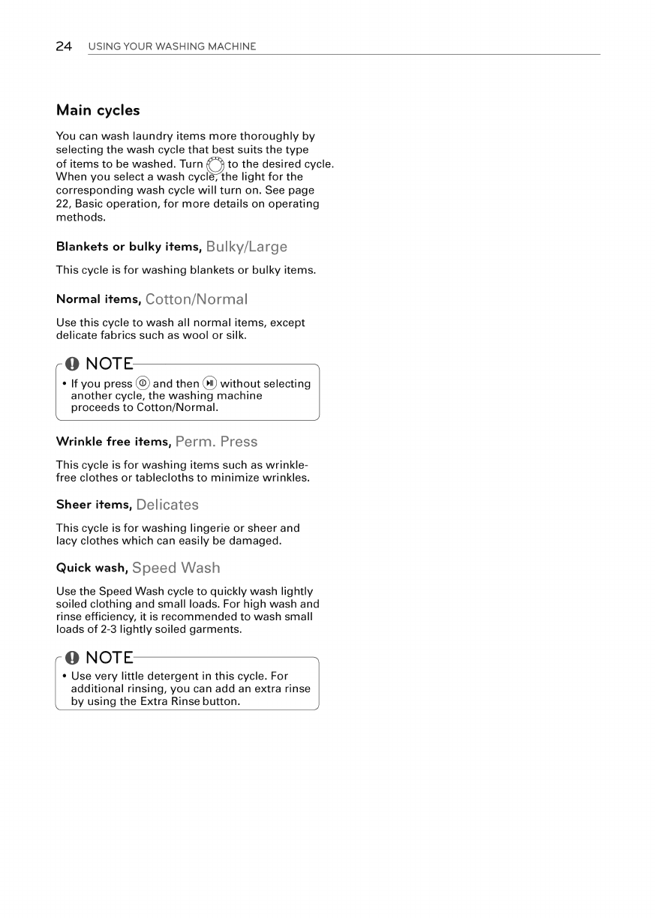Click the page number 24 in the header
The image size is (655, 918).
64,46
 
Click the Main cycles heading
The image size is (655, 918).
98,110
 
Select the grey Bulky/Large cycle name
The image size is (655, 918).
246,247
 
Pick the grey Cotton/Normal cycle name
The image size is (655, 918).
196,299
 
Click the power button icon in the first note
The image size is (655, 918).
143,383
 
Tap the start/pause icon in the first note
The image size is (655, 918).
210,383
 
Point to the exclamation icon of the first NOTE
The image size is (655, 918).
72,364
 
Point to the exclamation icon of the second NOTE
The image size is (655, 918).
72,658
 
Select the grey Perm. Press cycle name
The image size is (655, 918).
216,442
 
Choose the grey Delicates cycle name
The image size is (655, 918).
167,505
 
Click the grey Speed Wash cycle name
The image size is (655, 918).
176,568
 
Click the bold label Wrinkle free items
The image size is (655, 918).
113,442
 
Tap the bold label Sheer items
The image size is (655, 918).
94,505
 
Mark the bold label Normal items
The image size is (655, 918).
98,299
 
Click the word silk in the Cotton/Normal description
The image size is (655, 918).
236,335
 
